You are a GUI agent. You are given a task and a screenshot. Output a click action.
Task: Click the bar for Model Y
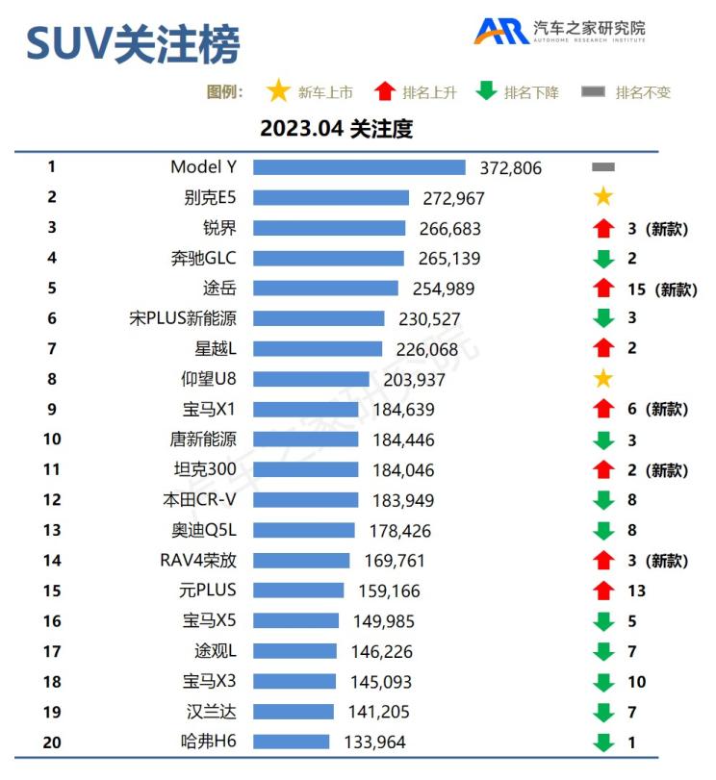(359, 167)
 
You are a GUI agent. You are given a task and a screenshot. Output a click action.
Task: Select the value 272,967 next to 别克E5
(453, 198)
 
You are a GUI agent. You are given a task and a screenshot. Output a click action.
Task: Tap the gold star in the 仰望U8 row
(603, 379)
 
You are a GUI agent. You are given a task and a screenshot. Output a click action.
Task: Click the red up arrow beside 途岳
(603, 289)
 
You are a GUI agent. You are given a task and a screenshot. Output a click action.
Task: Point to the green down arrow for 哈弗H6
(603, 742)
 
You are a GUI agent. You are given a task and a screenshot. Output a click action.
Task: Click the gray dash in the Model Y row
(603, 167)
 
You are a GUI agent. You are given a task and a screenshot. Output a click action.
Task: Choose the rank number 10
(52, 440)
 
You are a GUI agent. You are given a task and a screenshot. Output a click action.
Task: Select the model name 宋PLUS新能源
(183, 318)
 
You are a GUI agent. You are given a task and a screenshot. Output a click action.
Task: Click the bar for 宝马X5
(296, 620)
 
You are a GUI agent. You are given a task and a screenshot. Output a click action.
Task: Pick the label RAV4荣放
(198, 561)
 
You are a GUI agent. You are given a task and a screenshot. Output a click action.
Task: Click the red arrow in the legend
(385, 91)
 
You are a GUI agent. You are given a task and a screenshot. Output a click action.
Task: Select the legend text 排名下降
(531, 92)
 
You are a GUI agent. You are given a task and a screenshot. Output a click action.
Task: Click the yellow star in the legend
(278, 91)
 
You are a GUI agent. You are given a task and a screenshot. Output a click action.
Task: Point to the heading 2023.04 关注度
(336, 128)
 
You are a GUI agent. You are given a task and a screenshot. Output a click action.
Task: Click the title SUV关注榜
(133, 43)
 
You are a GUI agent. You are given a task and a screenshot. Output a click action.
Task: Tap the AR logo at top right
(499, 31)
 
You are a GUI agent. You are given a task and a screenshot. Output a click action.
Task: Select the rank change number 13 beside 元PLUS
(636, 591)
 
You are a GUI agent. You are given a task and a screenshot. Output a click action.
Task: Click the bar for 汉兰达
(294, 712)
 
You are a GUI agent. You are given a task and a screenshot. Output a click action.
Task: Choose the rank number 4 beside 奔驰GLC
(52, 258)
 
